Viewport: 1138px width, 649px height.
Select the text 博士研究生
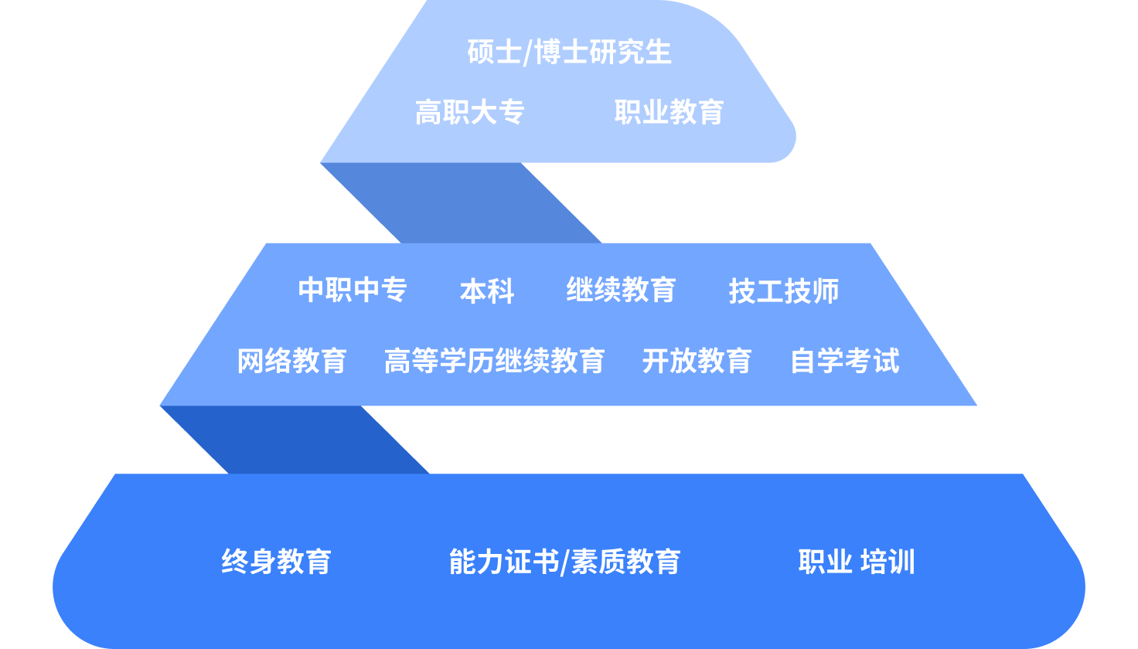point(603,53)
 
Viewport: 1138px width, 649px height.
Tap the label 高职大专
point(470,113)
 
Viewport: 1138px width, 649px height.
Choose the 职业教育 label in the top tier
point(669,113)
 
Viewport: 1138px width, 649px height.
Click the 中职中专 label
point(353,290)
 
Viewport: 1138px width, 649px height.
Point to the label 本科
point(487,291)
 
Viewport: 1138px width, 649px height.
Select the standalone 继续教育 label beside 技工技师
point(621,290)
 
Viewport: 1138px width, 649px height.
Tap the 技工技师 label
point(784,291)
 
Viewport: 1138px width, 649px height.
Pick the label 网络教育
point(291,361)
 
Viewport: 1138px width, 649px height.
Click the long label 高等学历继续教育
point(494,361)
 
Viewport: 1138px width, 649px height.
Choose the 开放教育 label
point(697,361)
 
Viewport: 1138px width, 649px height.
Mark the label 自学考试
point(845,361)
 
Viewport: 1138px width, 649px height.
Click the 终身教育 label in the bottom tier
point(276,562)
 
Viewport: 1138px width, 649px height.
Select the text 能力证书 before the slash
point(503,562)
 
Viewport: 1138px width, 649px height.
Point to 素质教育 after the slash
point(625,562)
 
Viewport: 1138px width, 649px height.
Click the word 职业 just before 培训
point(825,562)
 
